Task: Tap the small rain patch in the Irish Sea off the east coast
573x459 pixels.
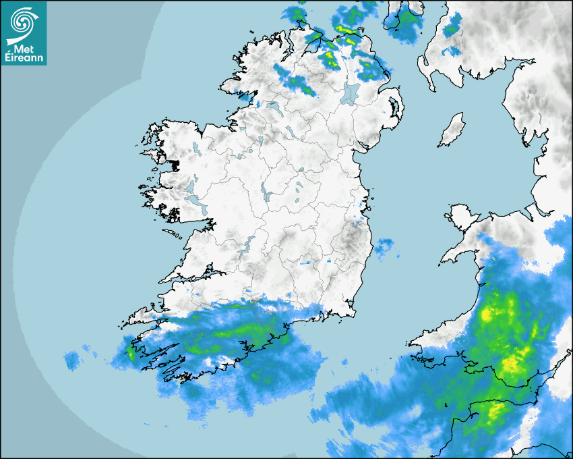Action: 384,248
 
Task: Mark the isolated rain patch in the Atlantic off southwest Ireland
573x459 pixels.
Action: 73,359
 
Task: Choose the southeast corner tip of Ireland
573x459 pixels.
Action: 351,310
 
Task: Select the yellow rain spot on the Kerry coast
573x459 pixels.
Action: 131,352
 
